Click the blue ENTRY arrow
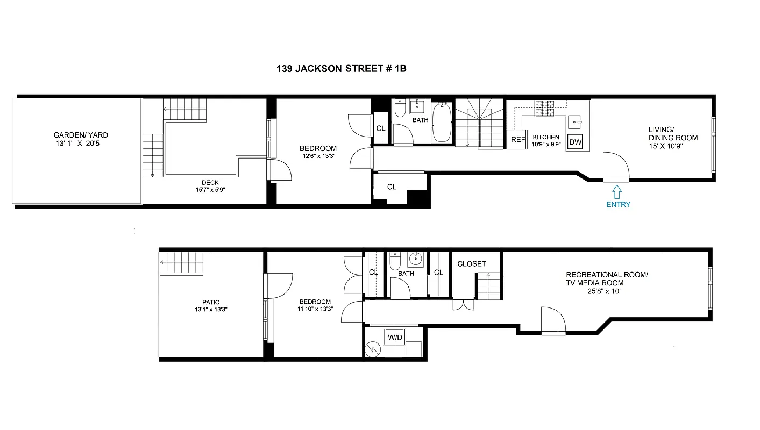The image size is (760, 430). tap(617, 191)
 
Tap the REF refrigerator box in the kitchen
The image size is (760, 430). tap(517, 139)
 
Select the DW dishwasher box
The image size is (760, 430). tap(575, 142)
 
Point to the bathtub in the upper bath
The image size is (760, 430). tap(442, 123)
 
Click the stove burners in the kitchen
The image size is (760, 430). tap(544, 109)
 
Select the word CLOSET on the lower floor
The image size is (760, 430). tap(471, 263)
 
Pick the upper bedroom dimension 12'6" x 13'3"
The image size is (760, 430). tap(318, 156)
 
